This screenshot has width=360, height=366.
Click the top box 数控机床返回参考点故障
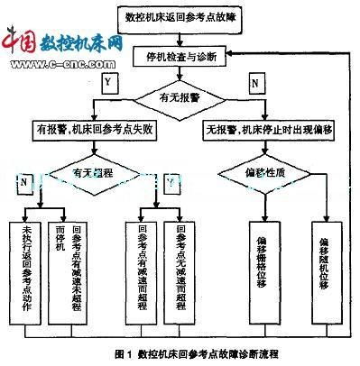click(183, 17)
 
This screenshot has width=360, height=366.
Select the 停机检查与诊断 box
click(183, 56)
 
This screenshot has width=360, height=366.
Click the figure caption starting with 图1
click(180, 354)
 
